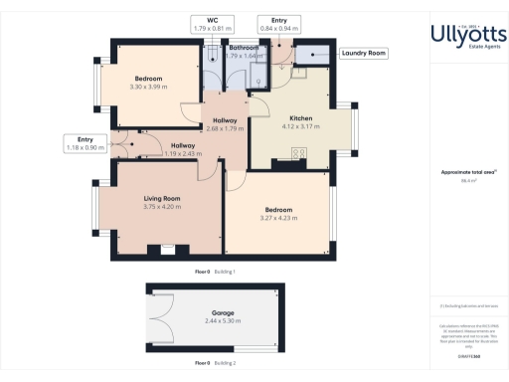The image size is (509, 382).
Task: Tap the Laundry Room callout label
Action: pyautogui.click(x=363, y=53)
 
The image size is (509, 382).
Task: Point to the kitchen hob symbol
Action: pyautogui.click(x=296, y=152)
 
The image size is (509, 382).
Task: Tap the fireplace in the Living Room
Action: pyautogui.click(x=154, y=250)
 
